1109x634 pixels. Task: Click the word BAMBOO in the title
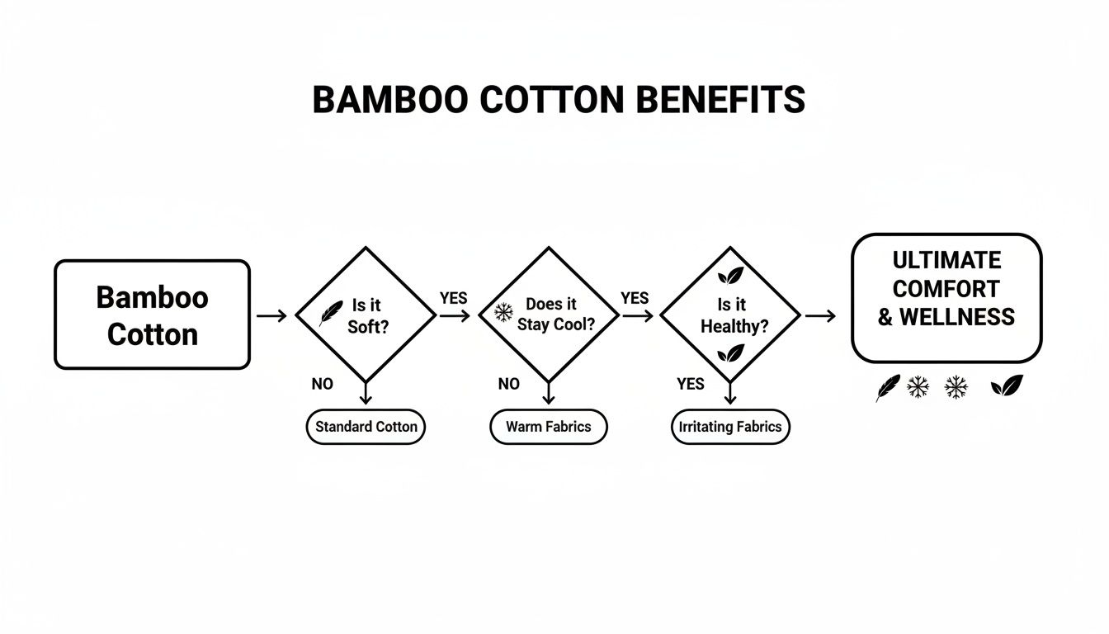tap(380, 100)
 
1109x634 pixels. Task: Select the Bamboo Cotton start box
tap(152, 315)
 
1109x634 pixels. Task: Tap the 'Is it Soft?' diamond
tap(366, 315)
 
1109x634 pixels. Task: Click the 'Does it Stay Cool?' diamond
tap(548, 315)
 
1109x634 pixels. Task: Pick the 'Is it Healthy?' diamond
tap(730, 315)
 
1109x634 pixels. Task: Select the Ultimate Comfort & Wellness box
tap(946, 298)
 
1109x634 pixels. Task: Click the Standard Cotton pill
tap(366, 428)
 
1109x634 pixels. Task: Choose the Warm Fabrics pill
tap(548, 428)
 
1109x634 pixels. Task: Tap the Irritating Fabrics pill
tap(730, 428)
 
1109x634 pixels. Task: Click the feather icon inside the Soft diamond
tap(331, 314)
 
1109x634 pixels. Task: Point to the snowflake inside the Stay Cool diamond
tap(503, 312)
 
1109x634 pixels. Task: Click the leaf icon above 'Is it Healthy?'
tap(730, 276)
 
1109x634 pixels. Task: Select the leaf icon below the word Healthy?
tap(730, 354)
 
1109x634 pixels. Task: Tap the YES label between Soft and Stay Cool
tap(453, 298)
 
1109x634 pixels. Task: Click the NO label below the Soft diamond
tap(322, 384)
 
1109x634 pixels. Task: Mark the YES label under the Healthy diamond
tap(691, 384)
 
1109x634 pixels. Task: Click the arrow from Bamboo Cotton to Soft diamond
tap(271, 315)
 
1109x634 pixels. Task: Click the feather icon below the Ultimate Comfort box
tap(887, 387)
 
